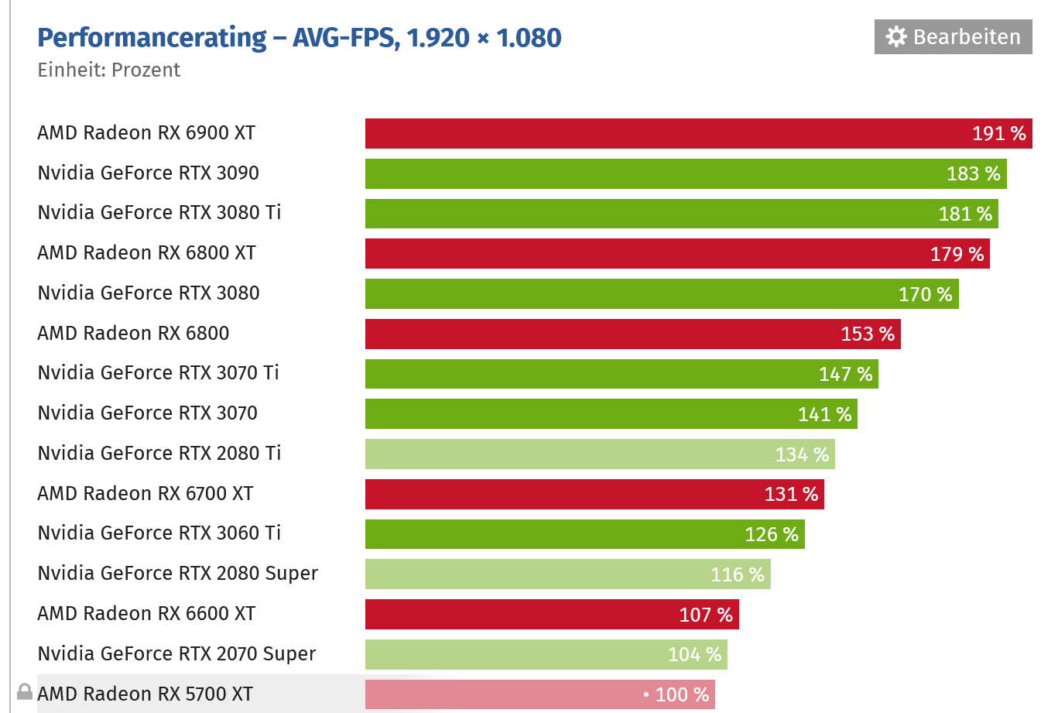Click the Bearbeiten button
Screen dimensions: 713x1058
click(x=953, y=37)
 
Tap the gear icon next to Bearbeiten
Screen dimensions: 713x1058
click(x=895, y=37)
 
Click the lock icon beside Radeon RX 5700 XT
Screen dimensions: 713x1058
click(x=25, y=691)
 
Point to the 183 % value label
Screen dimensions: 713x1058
click(x=973, y=173)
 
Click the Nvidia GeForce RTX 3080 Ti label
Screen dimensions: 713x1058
click(x=159, y=213)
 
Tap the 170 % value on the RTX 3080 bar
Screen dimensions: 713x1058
click(x=925, y=294)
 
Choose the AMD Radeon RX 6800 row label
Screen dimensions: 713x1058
click(x=133, y=334)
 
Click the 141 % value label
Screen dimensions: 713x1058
click(x=824, y=414)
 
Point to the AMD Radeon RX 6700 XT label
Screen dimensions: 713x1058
click(x=146, y=494)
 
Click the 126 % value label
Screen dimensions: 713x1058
click(x=771, y=534)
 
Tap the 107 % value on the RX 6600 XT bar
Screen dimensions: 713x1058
click(x=705, y=615)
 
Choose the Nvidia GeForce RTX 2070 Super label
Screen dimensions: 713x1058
click(x=176, y=654)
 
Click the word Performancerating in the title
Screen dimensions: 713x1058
click(x=152, y=37)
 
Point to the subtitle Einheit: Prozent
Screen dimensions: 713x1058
click(x=108, y=70)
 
